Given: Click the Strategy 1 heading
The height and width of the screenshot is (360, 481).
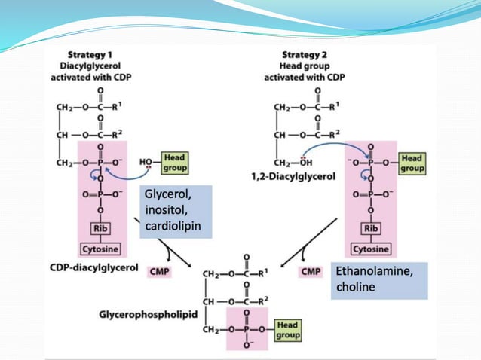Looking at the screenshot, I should point(90,55).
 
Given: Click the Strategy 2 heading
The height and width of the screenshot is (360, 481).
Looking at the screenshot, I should point(309,55).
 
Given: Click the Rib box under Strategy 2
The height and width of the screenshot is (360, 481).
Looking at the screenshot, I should point(371,228).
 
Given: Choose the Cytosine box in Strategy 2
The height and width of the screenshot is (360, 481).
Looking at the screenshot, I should point(371,249).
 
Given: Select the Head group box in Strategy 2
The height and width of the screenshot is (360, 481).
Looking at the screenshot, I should point(412,163).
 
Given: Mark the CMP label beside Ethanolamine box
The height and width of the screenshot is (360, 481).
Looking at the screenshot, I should point(311,271).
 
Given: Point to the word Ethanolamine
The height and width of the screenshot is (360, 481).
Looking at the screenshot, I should point(374,272).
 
